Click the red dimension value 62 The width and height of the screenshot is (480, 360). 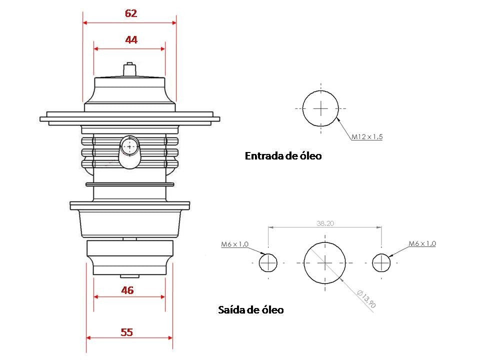coord(131,13)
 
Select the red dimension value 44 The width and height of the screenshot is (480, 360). coord(131,39)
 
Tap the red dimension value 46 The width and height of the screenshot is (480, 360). coord(127,290)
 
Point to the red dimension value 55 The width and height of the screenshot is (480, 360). coord(127,331)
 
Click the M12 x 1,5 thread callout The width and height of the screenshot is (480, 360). coord(367,136)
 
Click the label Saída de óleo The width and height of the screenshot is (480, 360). coord(251,310)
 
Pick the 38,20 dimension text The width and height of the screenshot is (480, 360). coord(325,224)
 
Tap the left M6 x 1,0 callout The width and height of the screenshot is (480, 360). coord(235,244)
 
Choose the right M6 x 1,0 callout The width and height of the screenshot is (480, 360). coord(422,243)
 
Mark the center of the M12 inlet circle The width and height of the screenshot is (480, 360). coord(320,108)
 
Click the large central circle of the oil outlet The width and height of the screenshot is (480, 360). coord(325,262)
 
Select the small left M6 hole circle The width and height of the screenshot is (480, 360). coord(268,262)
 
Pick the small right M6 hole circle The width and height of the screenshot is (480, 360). coord(381,262)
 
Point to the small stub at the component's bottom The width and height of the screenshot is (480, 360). coord(129,275)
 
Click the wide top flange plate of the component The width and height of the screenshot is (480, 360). coord(130,118)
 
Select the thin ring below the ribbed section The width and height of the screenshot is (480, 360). coord(130,184)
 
